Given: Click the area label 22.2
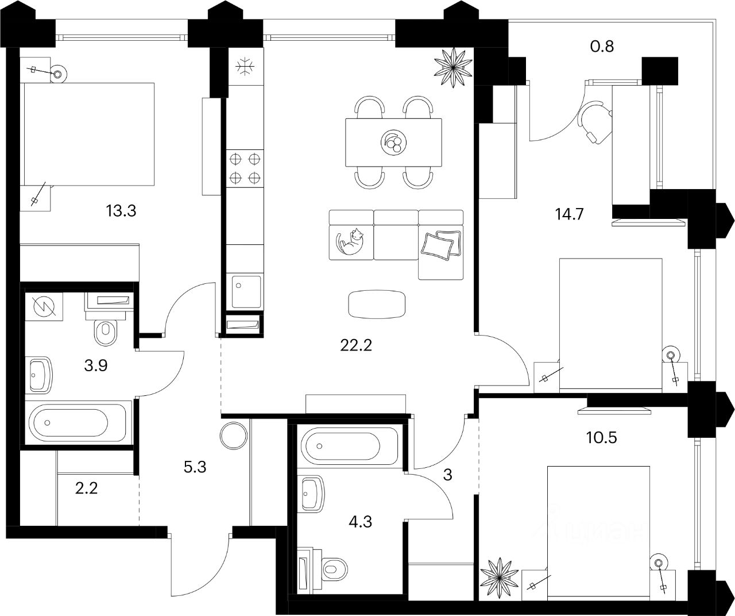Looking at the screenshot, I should click(x=352, y=346).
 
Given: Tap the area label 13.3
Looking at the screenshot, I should click(x=121, y=211).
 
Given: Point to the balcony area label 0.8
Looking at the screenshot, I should click(x=602, y=46).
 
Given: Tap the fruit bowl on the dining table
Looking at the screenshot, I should click(x=394, y=142).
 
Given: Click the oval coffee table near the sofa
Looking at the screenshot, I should click(x=377, y=303).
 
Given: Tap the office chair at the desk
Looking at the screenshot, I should click(x=595, y=122).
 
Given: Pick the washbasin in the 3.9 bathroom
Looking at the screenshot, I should click(x=40, y=376).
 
